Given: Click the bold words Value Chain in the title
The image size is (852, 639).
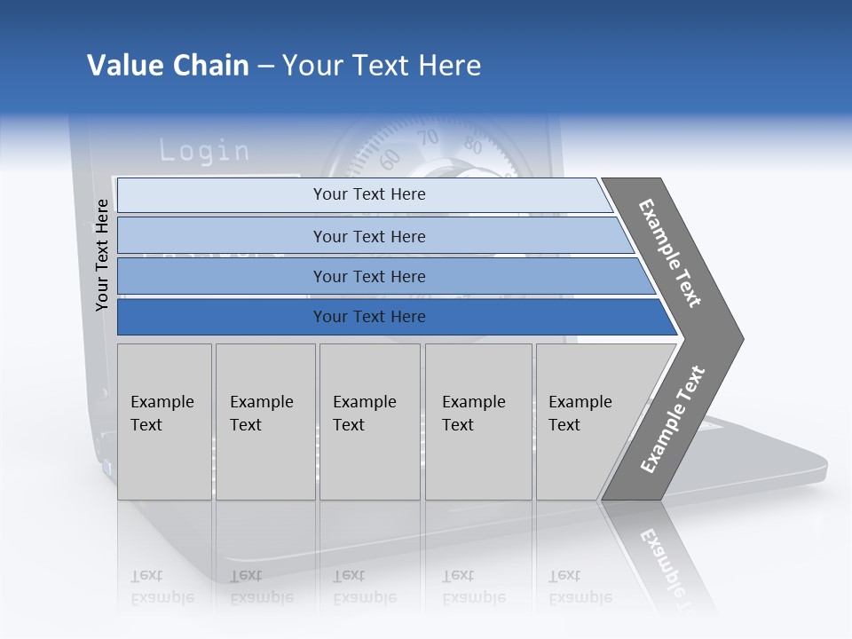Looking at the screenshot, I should pyautogui.click(x=168, y=66).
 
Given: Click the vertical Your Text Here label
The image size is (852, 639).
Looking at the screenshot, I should pyautogui.click(x=102, y=255).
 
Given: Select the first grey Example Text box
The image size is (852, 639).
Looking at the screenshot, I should pyautogui.click(x=164, y=422).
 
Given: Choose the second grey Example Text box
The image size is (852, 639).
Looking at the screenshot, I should pyautogui.click(x=264, y=422).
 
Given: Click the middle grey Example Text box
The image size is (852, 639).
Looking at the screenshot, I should pyautogui.click(x=369, y=422).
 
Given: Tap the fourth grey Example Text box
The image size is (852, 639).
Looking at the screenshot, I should pyautogui.click(x=477, y=422).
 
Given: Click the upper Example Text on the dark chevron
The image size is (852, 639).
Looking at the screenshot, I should pyautogui.click(x=670, y=253).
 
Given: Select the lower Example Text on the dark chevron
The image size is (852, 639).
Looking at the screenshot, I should pyautogui.click(x=673, y=420).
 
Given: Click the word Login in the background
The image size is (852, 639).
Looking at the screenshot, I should pyautogui.click(x=204, y=151).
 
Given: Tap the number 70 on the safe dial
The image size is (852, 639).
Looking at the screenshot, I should pyautogui.click(x=429, y=138).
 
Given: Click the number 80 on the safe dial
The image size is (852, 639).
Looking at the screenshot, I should pyautogui.click(x=472, y=146).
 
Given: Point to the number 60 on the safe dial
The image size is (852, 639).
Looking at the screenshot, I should pyautogui.click(x=390, y=160).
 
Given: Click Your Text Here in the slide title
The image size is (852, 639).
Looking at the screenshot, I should pyautogui.click(x=382, y=66).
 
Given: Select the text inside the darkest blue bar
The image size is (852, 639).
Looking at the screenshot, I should pyautogui.click(x=369, y=317).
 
